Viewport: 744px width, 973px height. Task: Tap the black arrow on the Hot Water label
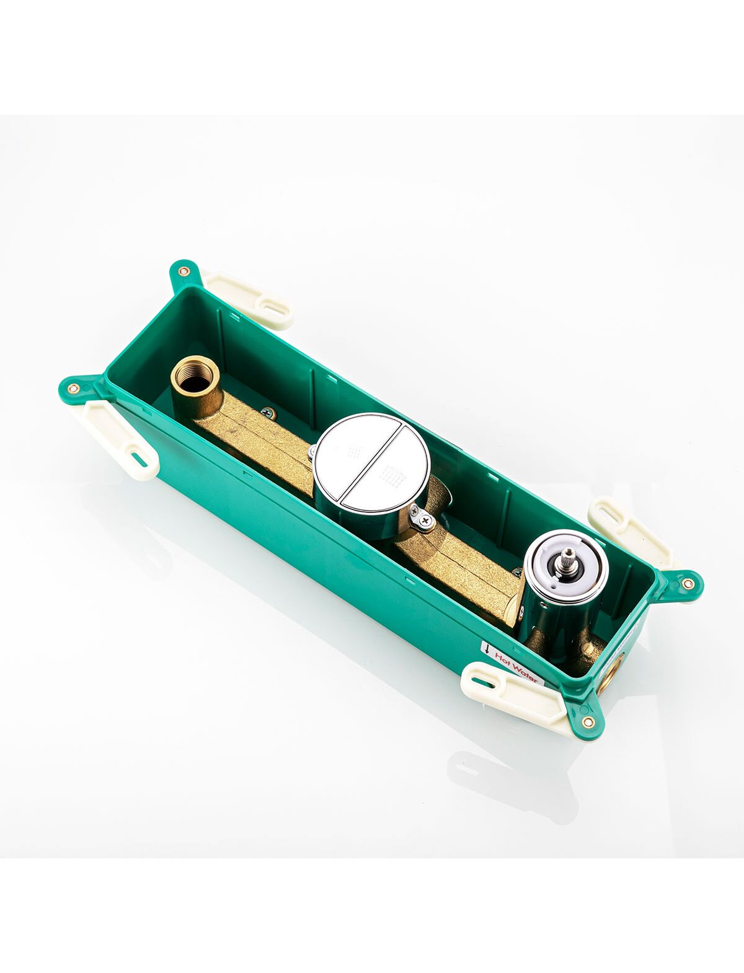pos(487,650)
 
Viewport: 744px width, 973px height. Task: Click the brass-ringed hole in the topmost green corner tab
pos(182,271)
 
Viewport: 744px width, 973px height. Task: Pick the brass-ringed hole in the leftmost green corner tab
pos(74,389)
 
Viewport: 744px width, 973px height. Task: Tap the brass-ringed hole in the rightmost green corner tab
pos(688,583)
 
